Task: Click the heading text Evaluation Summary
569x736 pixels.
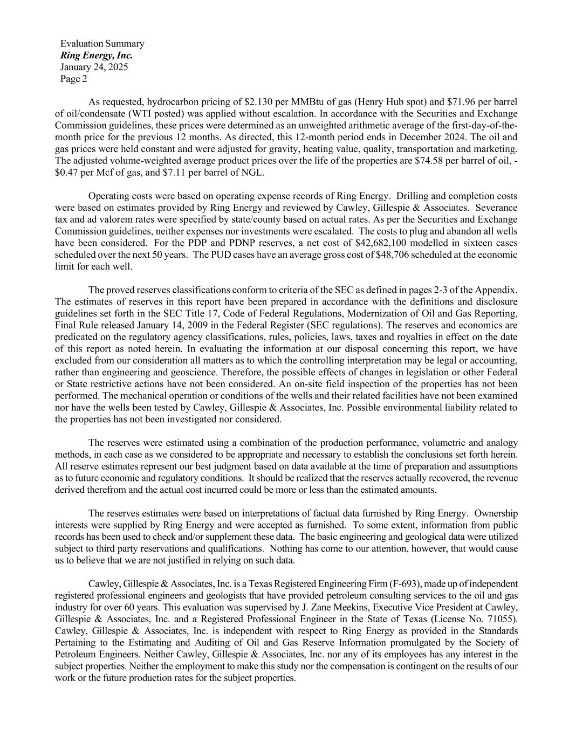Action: click(x=102, y=44)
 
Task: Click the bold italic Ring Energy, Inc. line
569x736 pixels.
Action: click(x=97, y=56)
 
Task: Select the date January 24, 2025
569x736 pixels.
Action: click(x=94, y=67)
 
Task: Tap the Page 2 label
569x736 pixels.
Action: click(x=74, y=79)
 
